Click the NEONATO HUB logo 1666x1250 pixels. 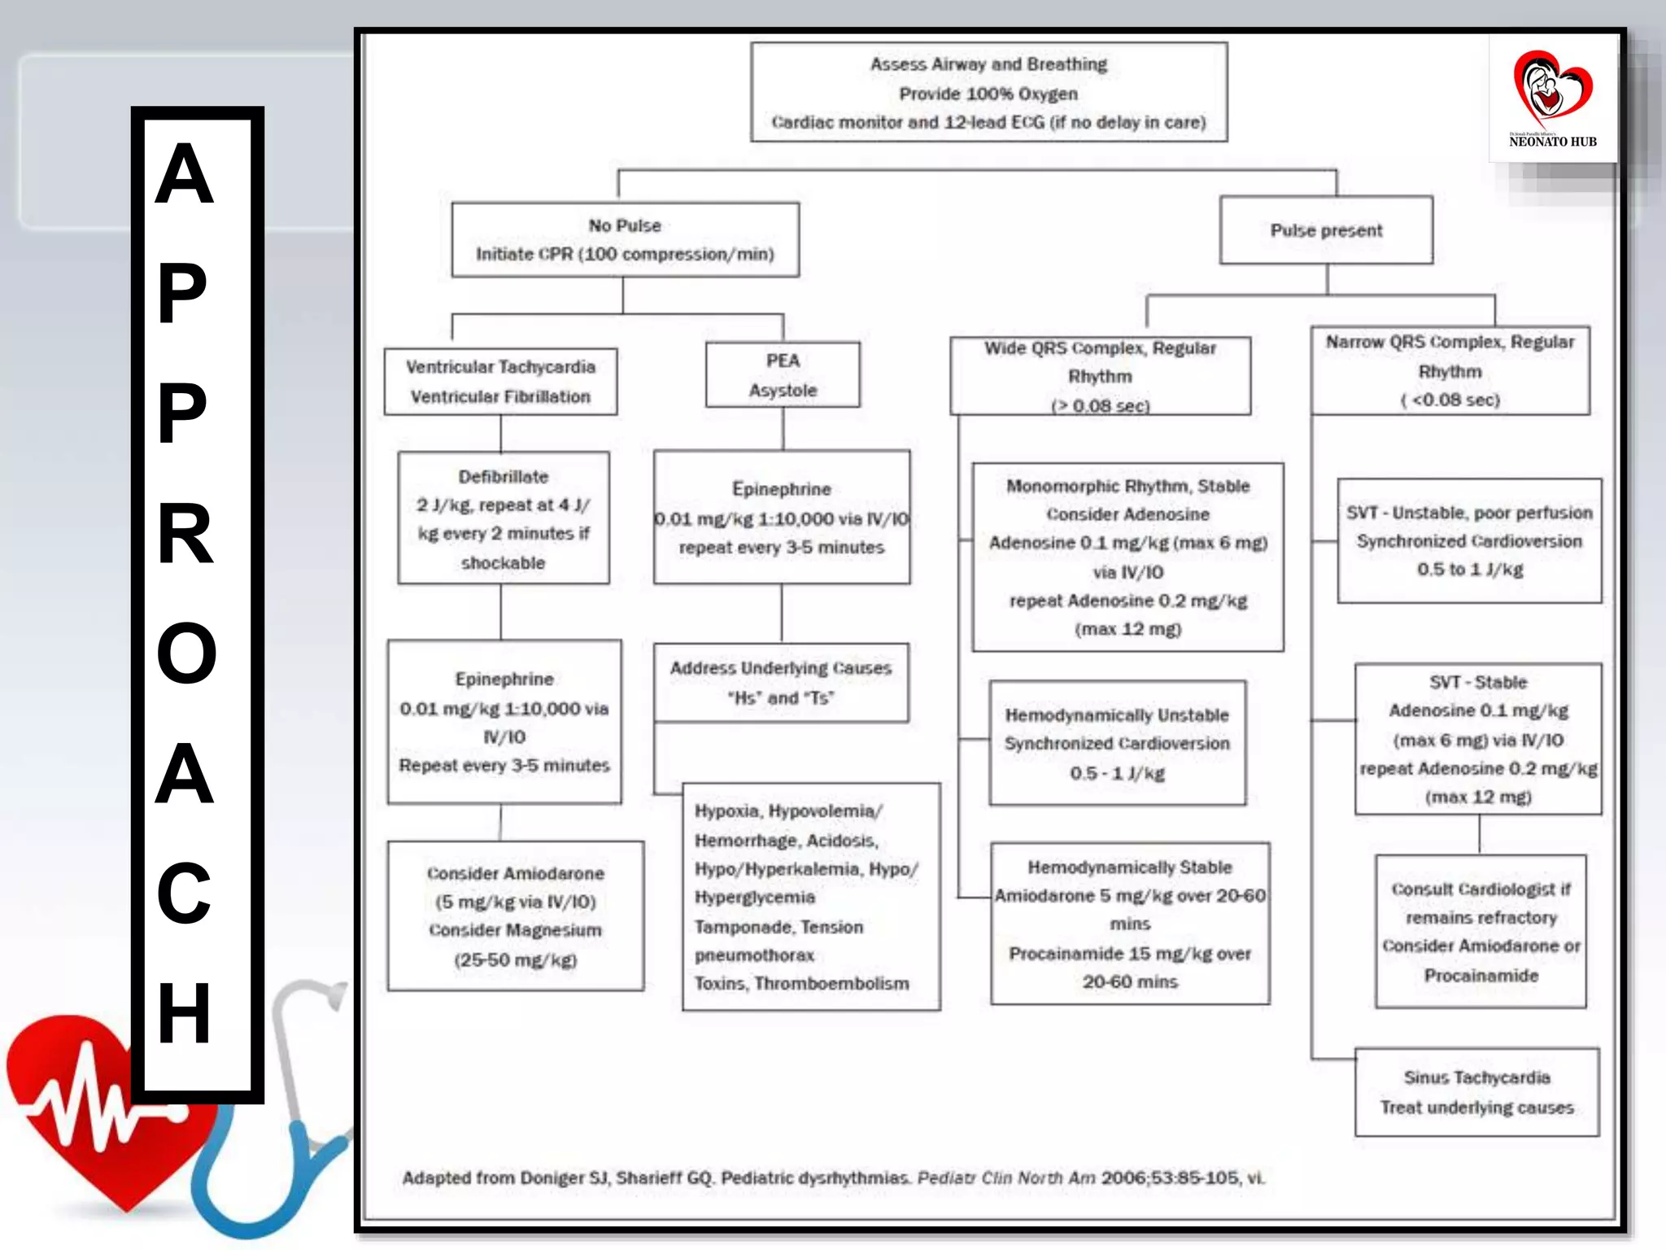tap(1552, 98)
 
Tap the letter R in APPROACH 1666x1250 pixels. tap(185, 533)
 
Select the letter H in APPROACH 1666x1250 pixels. tap(185, 1012)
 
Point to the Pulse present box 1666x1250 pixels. tap(1326, 230)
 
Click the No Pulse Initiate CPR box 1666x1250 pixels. tap(625, 239)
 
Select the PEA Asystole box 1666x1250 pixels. tap(783, 374)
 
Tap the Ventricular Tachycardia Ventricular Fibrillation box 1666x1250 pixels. tap(500, 382)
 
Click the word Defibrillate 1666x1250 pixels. tap(503, 477)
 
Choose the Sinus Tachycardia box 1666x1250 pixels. tap(1476, 1092)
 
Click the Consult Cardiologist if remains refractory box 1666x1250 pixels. tap(1481, 931)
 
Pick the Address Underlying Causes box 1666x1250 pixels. tap(781, 682)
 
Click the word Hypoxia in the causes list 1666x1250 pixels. tap(726, 811)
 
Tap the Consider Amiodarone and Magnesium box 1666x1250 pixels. tap(515, 916)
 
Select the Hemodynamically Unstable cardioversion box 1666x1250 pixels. tap(1117, 743)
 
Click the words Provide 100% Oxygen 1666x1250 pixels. tap(988, 94)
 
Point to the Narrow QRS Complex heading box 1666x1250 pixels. tap(1450, 371)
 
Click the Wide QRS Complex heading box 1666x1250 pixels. tap(1100, 376)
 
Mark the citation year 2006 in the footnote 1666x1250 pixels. tap(1122, 1178)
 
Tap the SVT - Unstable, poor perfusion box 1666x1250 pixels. tap(1469, 540)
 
